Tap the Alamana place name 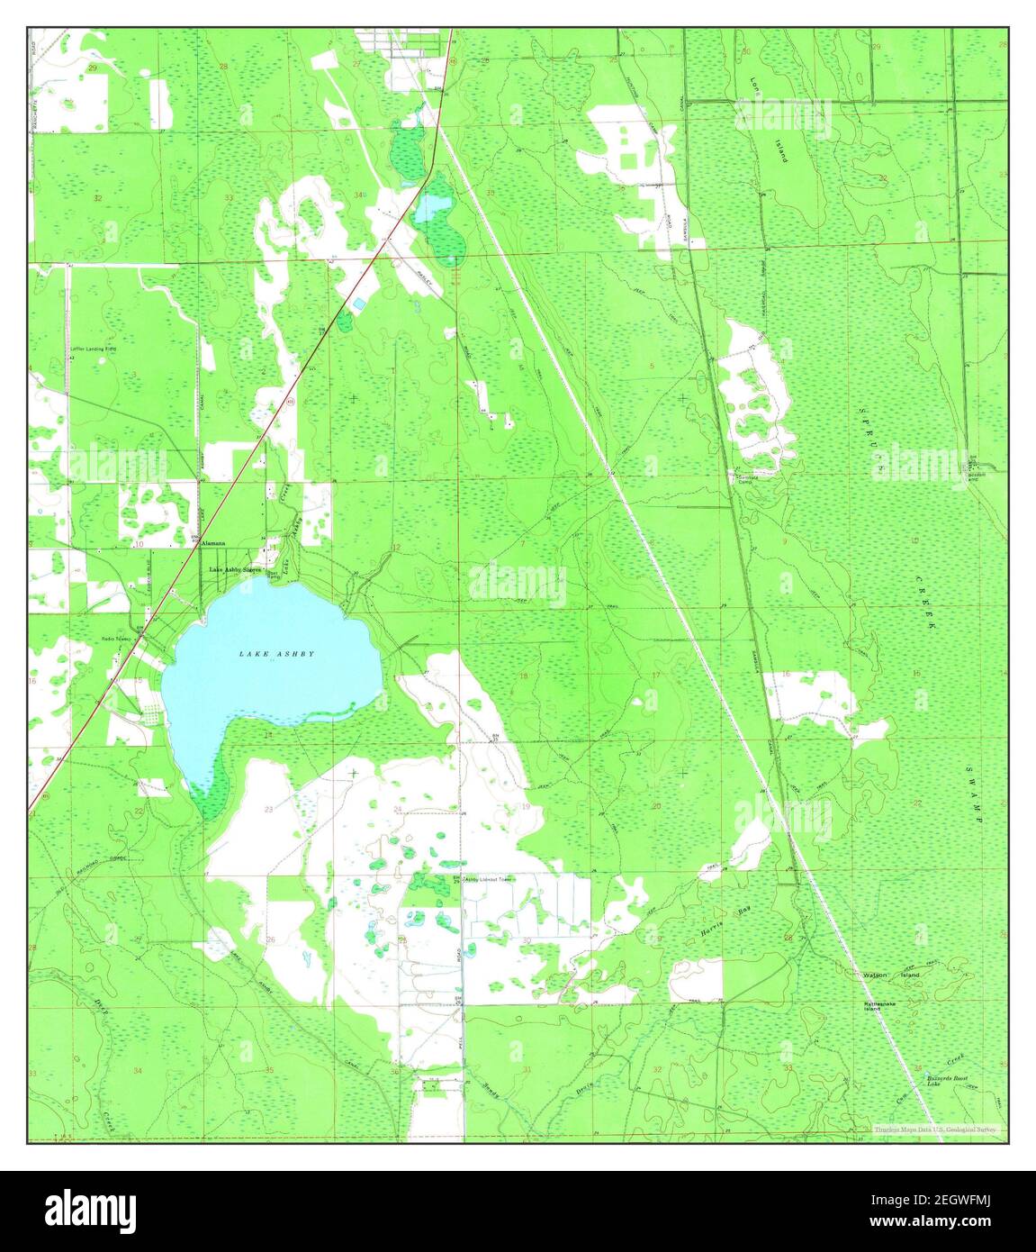click(x=212, y=543)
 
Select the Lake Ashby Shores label click(x=235, y=570)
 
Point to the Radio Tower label click(x=116, y=639)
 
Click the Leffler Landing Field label click(x=94, y=347)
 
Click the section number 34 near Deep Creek click(x=137, y=1070)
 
